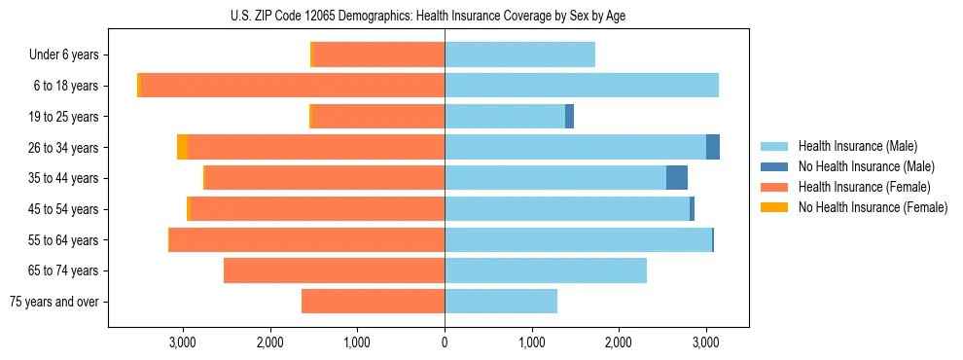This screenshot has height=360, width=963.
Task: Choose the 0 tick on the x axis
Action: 445,342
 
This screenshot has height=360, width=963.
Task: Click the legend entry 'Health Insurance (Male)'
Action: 857,146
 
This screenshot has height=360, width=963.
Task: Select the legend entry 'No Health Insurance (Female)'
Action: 873,207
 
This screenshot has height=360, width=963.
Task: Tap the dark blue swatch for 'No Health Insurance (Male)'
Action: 775,166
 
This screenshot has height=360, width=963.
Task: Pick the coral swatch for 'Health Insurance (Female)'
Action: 775,187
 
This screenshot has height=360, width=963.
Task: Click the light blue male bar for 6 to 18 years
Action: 582,86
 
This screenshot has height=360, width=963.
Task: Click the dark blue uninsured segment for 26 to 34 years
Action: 713,147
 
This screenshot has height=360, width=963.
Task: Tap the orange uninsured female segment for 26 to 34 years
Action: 182,147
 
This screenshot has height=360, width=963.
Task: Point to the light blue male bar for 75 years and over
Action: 501,302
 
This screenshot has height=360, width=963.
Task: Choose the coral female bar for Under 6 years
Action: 378,55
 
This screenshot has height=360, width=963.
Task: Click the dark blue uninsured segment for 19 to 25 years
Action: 569,117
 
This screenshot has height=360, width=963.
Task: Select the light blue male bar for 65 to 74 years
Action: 546,270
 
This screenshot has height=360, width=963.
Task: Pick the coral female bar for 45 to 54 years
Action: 317,209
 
